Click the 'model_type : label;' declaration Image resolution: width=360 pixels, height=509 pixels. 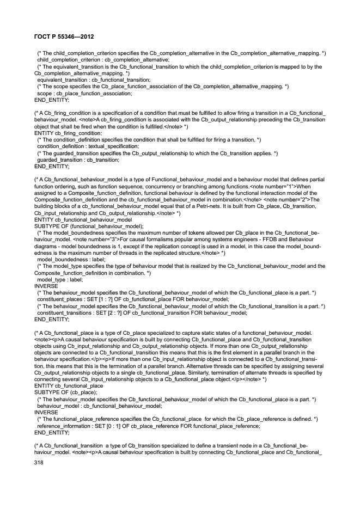[60, 280]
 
